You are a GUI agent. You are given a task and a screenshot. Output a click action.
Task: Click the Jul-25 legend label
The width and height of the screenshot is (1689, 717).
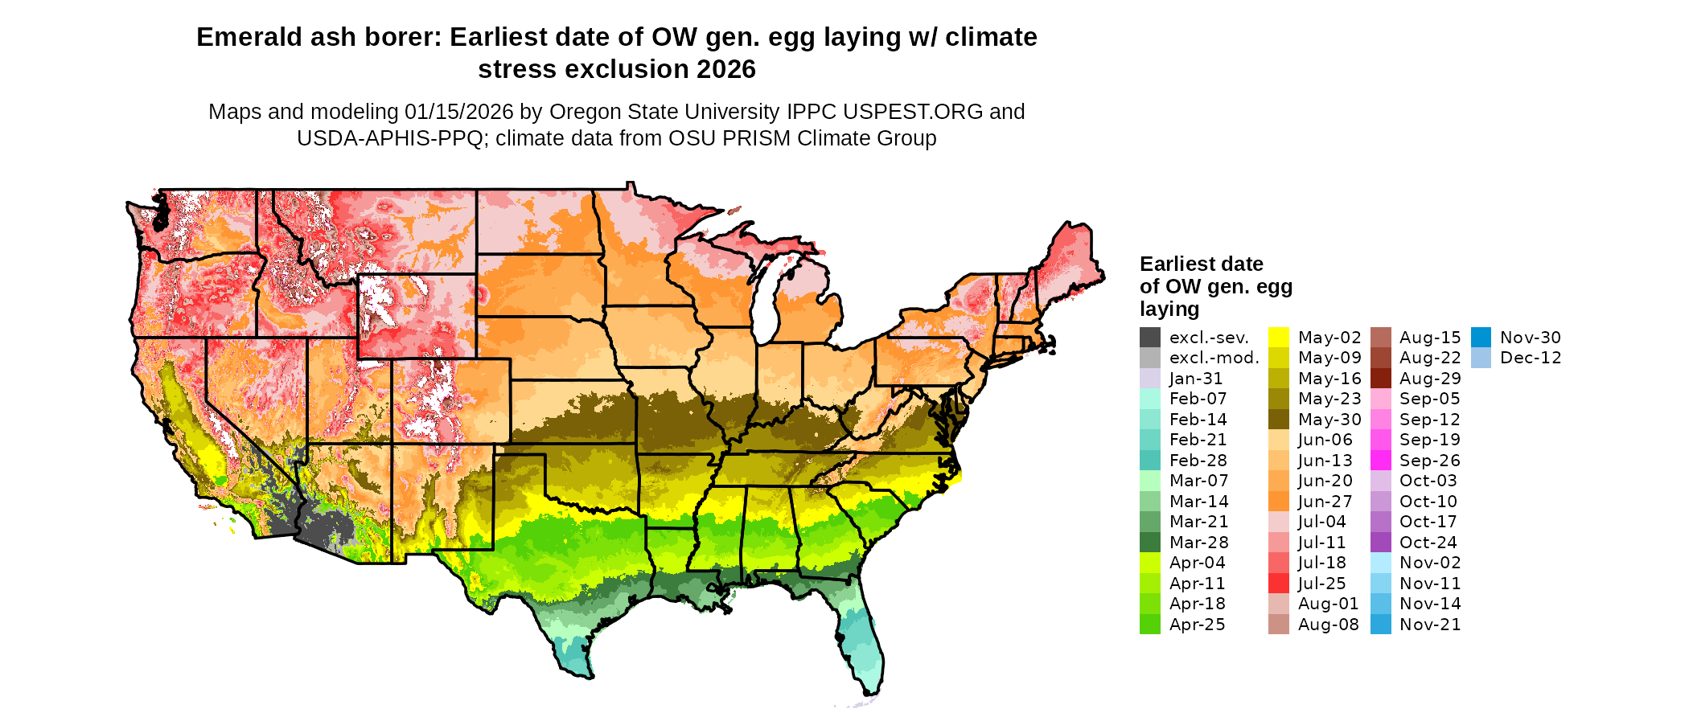coord(1321,584)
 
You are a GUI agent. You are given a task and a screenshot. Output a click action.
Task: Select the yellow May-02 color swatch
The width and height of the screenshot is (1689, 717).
coord(1279,338)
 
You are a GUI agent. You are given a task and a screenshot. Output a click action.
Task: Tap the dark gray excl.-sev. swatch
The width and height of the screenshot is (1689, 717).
coord(1150,338)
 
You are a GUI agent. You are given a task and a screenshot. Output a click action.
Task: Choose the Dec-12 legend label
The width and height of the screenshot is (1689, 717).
coord(1531,358)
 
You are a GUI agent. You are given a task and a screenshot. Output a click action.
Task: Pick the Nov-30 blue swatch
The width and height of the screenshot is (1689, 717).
coord(1481,338)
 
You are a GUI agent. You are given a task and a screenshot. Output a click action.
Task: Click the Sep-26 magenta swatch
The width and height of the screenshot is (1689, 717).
coord(1381,461)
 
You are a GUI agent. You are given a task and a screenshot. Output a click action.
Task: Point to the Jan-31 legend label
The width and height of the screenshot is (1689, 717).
coord(1196,379)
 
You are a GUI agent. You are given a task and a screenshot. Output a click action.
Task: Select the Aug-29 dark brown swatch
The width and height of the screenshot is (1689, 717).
coord(1381,379)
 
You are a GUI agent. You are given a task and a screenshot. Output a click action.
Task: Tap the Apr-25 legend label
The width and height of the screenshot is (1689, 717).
coord(1197,625)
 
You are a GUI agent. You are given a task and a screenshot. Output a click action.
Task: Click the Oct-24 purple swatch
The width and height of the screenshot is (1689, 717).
coord(1381,543)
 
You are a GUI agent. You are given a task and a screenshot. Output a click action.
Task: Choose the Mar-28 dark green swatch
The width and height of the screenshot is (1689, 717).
coord(1150,543)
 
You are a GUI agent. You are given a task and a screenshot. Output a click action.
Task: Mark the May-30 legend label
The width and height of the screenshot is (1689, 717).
coord(1329,420)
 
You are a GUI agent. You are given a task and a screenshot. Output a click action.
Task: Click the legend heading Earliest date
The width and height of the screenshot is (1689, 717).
coord(1201,264)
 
